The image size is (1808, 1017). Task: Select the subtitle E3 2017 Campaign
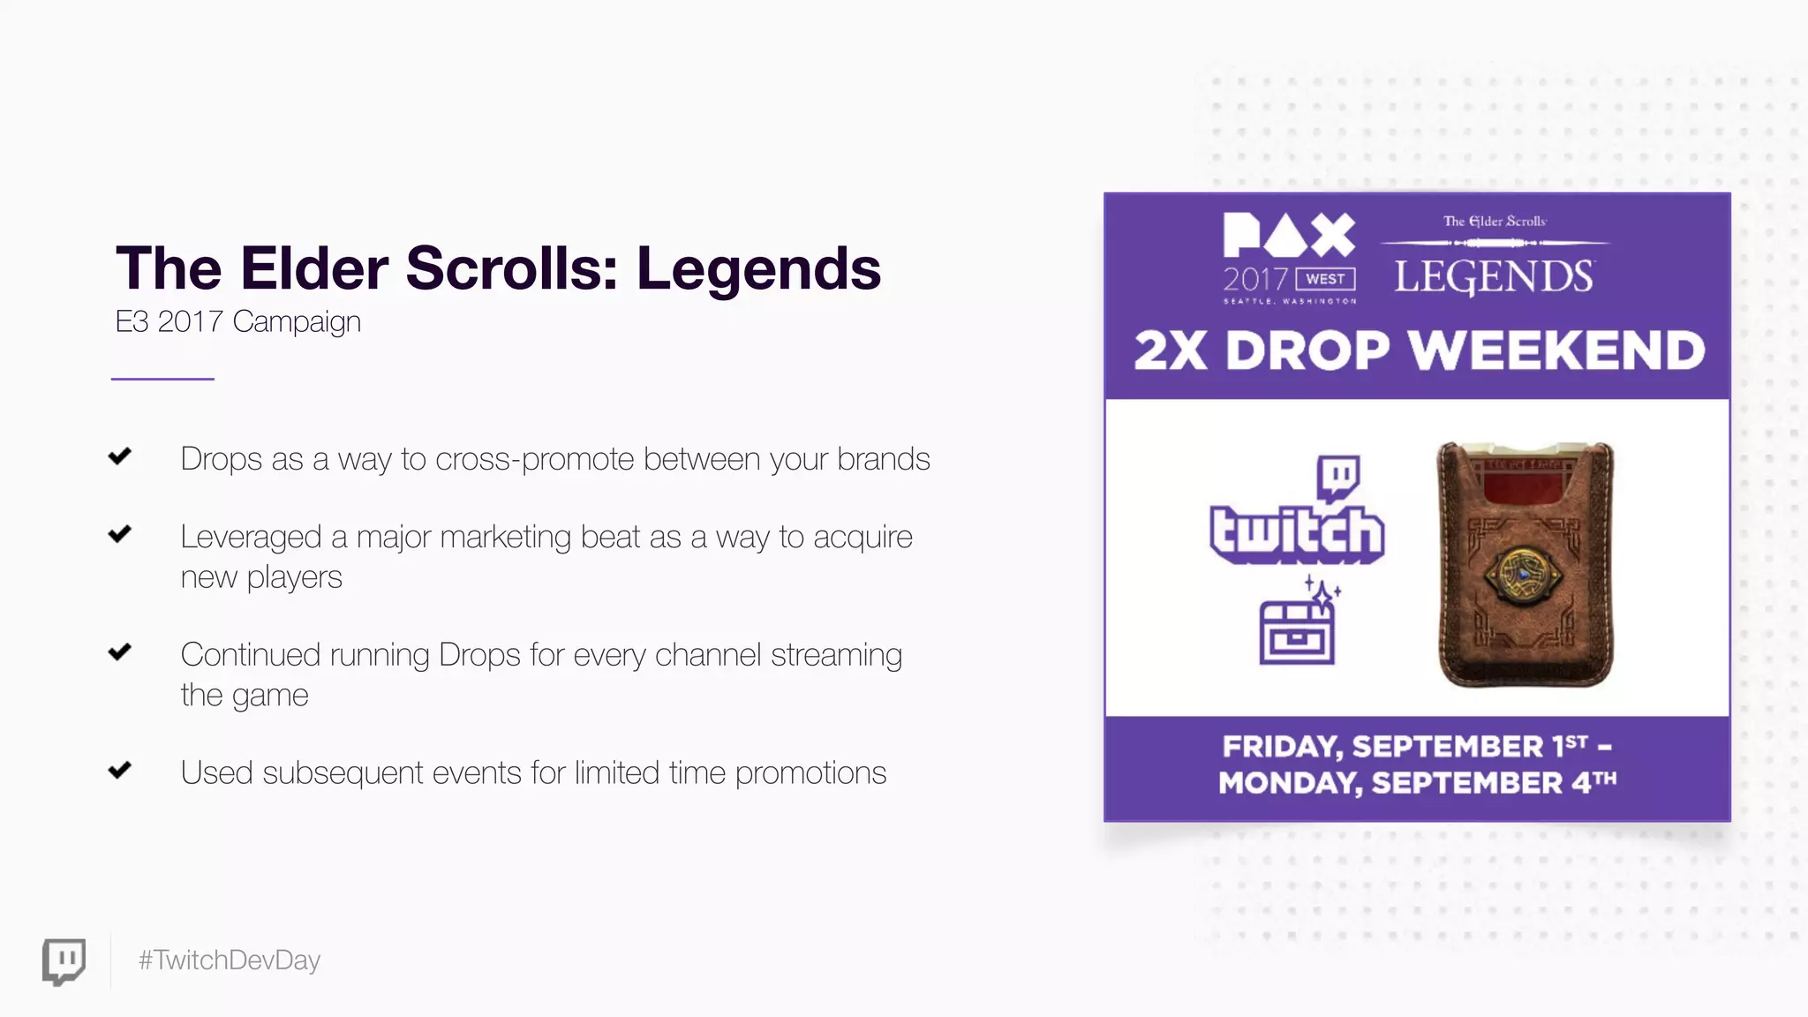237,321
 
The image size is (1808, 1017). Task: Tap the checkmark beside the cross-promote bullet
120,456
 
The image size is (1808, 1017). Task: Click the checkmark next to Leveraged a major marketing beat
120,534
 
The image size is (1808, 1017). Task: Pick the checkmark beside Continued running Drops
120,652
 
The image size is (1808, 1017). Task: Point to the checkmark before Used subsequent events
120,770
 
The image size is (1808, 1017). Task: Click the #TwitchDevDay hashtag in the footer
229,960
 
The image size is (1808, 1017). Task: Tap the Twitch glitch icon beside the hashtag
64,960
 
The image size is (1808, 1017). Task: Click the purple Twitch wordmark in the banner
1296,534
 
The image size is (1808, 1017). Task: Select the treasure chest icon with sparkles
1297,629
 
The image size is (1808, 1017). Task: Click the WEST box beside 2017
1325,279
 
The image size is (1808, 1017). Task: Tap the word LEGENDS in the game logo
1494,277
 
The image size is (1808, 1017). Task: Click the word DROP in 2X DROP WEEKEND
1307,350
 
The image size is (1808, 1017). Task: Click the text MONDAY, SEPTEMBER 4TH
1416,783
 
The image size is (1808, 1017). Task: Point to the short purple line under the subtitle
162,379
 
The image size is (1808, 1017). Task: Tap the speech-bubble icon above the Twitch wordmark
1338,477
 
